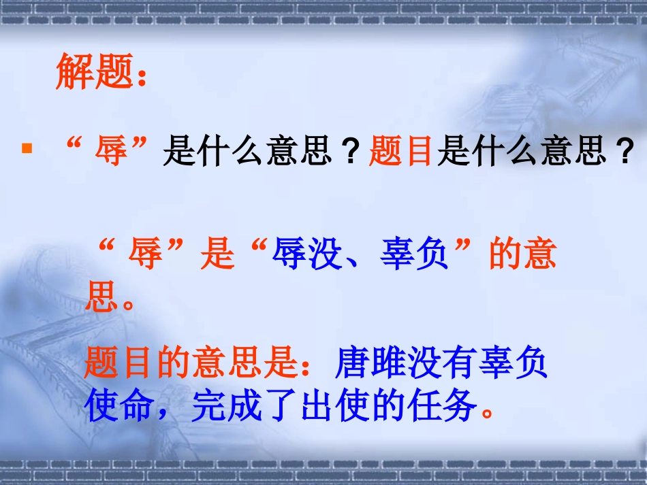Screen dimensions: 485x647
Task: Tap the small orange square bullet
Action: (27, 148)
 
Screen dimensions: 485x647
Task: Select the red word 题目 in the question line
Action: (401, 150)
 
